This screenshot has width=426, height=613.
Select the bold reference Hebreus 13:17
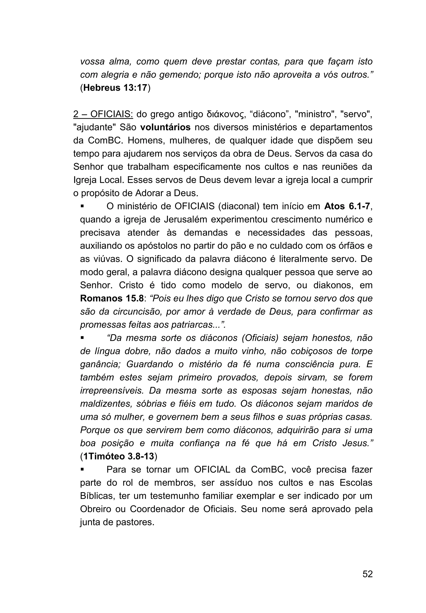point(115,88)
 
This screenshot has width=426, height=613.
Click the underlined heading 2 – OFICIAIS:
point(103,114)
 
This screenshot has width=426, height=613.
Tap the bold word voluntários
point(165,127)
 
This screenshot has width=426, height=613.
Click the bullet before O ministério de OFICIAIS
point(82,206)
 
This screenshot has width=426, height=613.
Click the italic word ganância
point(100,364)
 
